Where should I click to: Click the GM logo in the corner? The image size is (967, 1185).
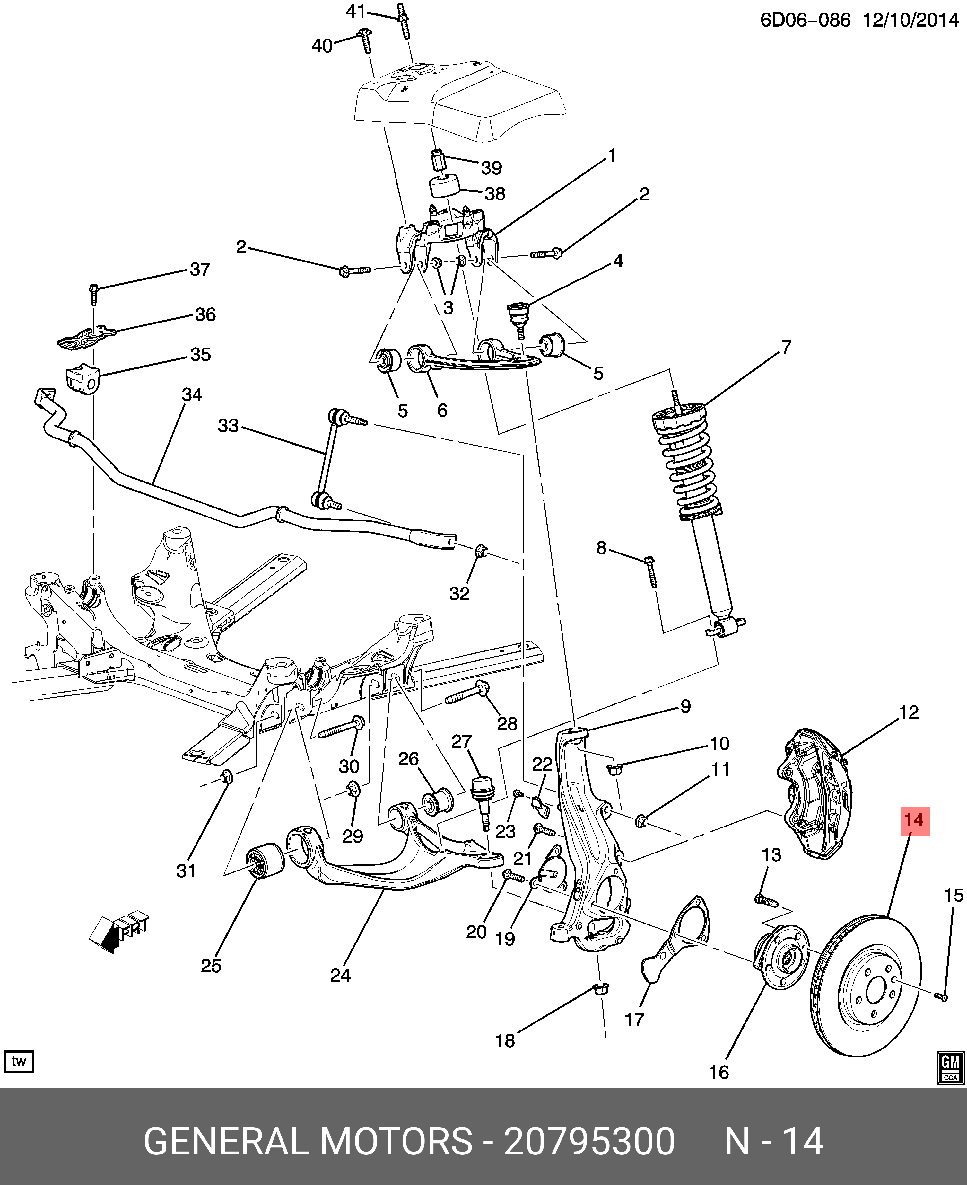pyautogui.click(x=950, y=1068)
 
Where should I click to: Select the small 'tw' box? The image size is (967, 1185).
pyautogui.click(x=19, y=1061)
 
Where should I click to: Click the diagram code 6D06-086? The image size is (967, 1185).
pyautogui.click(x=806, y=21)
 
